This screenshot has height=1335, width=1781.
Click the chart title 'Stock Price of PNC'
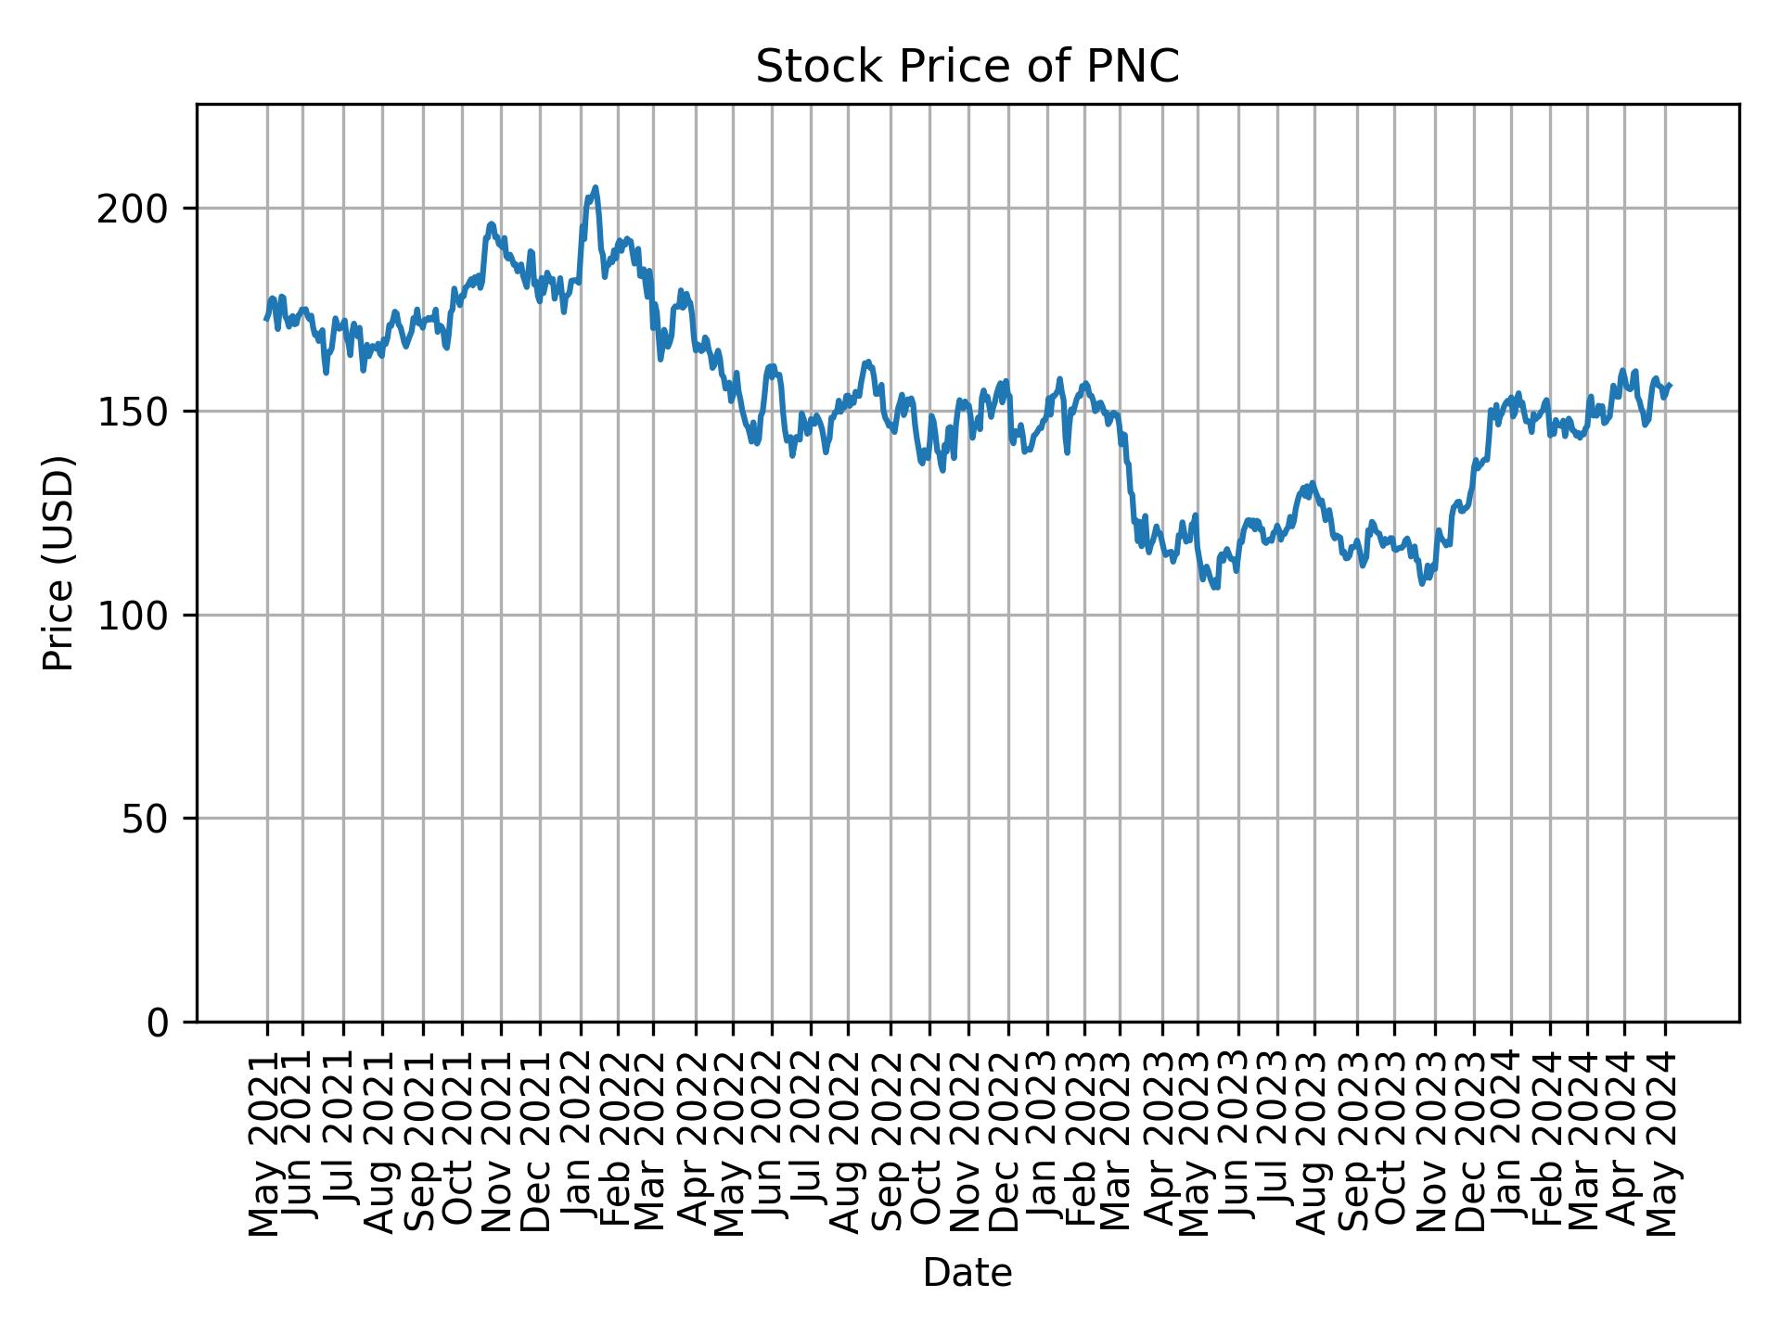coord(967,67)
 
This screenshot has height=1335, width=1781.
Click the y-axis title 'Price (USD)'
coord(58,563)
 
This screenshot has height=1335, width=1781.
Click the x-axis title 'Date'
coord(967,1274)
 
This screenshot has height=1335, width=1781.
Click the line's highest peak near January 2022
coord(595,188)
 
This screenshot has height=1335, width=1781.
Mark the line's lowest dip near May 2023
coord(1215,587)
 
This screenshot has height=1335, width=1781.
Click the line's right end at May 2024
coord(1670,385)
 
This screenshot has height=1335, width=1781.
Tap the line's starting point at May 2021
coord(266,319)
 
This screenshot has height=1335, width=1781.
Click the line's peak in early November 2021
coord(491,223)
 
